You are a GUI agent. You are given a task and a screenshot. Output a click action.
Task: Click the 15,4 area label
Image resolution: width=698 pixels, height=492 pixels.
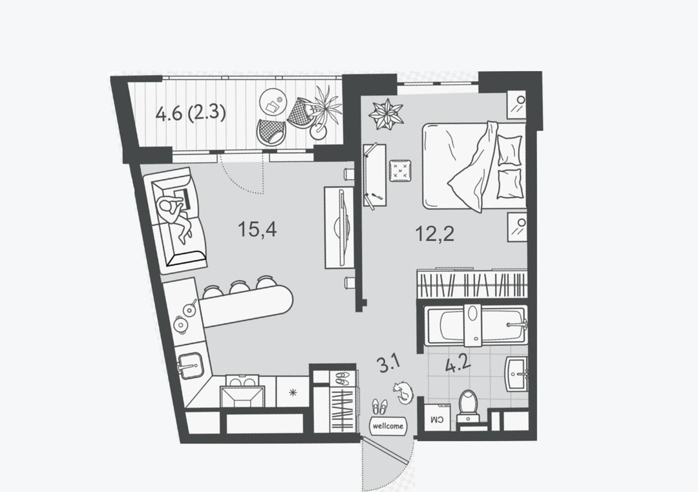pyautogui.click(x=257, y=230)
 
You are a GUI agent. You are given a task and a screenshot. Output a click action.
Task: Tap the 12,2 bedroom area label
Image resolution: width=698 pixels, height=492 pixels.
pyautogui.click(x=434, y=233)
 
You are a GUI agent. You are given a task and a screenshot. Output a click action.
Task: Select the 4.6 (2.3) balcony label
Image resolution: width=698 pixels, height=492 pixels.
pyautogui.click(x=191, y=112)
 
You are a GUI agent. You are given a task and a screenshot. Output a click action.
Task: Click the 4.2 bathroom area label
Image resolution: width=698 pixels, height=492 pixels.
pyautogui.click(x=458, y=364)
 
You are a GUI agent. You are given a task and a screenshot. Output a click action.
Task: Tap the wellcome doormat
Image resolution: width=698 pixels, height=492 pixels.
pyautogui.click(x=388, y=425)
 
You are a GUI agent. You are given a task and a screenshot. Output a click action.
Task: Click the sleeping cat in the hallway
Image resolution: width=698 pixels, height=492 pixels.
pyautogui.click(x=404, y=392)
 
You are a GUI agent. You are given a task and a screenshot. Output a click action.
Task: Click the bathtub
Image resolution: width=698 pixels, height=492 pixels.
pyautogui.click(x=476, y=325)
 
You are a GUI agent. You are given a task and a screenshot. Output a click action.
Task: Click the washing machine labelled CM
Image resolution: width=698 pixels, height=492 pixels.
pyautogui.click(x=437, y=418)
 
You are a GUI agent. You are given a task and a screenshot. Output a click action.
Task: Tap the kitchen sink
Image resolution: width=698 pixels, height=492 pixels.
pyautogui.click(x=191, y=366)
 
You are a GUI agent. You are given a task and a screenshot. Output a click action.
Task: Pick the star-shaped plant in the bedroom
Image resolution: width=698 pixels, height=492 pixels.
pyautogui.click(x=385, y=114)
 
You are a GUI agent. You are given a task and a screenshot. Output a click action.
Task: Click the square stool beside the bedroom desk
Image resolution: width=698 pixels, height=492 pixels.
pyautogui.click(x=400, y=171)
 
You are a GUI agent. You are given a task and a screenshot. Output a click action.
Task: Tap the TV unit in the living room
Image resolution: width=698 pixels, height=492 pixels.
pyautogui.click(x=339, y=228)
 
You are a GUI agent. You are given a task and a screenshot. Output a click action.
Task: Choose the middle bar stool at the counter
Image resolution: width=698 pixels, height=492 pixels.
pyautogui.click(x=239, y=287)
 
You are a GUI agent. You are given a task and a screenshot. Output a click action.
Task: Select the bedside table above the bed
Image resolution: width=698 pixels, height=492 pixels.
pyautogui.click(x=516, y=105)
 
